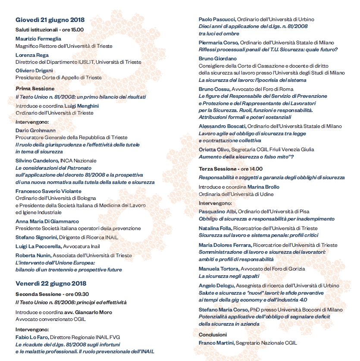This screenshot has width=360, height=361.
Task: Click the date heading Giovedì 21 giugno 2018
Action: pyautogui.click(x=50, y=20)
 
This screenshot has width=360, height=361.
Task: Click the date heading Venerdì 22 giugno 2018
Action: pyautogui.click(x=51, y=283)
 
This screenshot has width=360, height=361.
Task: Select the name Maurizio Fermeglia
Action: pyautogui.click(x=38, y=39)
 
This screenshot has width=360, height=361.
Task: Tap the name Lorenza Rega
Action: pyautogui.click(x=32, y=55)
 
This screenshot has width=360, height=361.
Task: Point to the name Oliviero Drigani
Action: pyautogui.click(x=34, y=71)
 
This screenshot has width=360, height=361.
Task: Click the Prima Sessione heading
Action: pyautogui.click(x=35, y=89)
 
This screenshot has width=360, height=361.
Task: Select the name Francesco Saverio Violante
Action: pyautogui.click(x=48, y=191)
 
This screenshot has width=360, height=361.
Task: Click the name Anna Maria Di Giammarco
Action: pyautogui.click(x=47, y=221)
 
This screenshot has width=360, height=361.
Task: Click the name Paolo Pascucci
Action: pyautogui.click(x=217, y=19)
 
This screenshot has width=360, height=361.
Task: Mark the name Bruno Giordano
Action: pyautogui.click(x=218, y=59)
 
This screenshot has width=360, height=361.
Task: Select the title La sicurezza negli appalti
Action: pyautogui.click(x=229, y=276)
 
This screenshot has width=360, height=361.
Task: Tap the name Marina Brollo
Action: pyautogui.click(x=263, y=187)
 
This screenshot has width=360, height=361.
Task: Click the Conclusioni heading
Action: pyautogui.click(x=213, y=334)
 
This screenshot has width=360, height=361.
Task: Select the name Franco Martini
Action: pyautogui.click(x=216, y=343)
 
